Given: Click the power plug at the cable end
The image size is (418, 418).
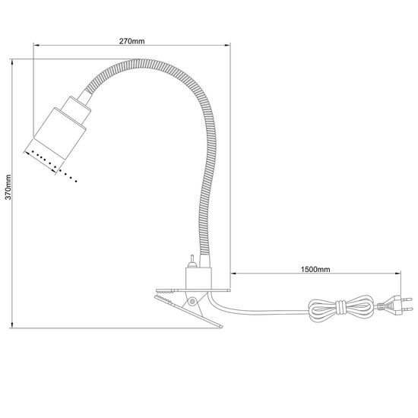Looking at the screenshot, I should click(x=393, y=306).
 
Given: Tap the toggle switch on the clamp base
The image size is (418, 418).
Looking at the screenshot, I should click(x=193, y=261).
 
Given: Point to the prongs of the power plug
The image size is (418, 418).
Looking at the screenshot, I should click(x=407, y=306).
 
